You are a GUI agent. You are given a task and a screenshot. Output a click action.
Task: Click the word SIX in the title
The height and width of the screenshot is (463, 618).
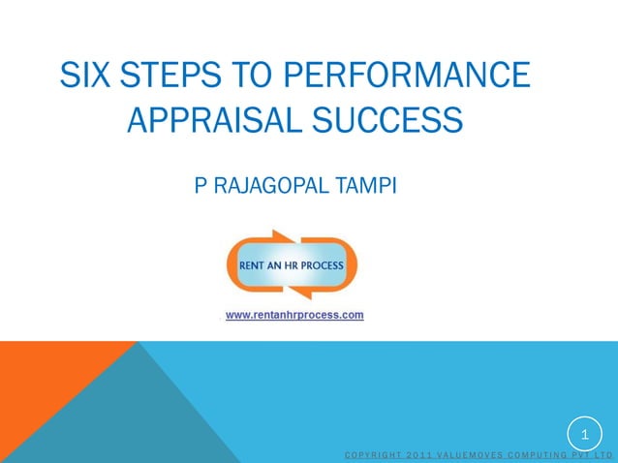tap(81, 76)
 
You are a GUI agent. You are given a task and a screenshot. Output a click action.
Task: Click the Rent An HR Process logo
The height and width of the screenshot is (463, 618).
tap(293, 264)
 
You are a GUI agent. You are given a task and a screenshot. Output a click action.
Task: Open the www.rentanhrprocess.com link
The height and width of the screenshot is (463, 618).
tap(294, 315)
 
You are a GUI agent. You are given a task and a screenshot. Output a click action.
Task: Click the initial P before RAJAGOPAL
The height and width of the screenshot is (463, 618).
tap(201, 185)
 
